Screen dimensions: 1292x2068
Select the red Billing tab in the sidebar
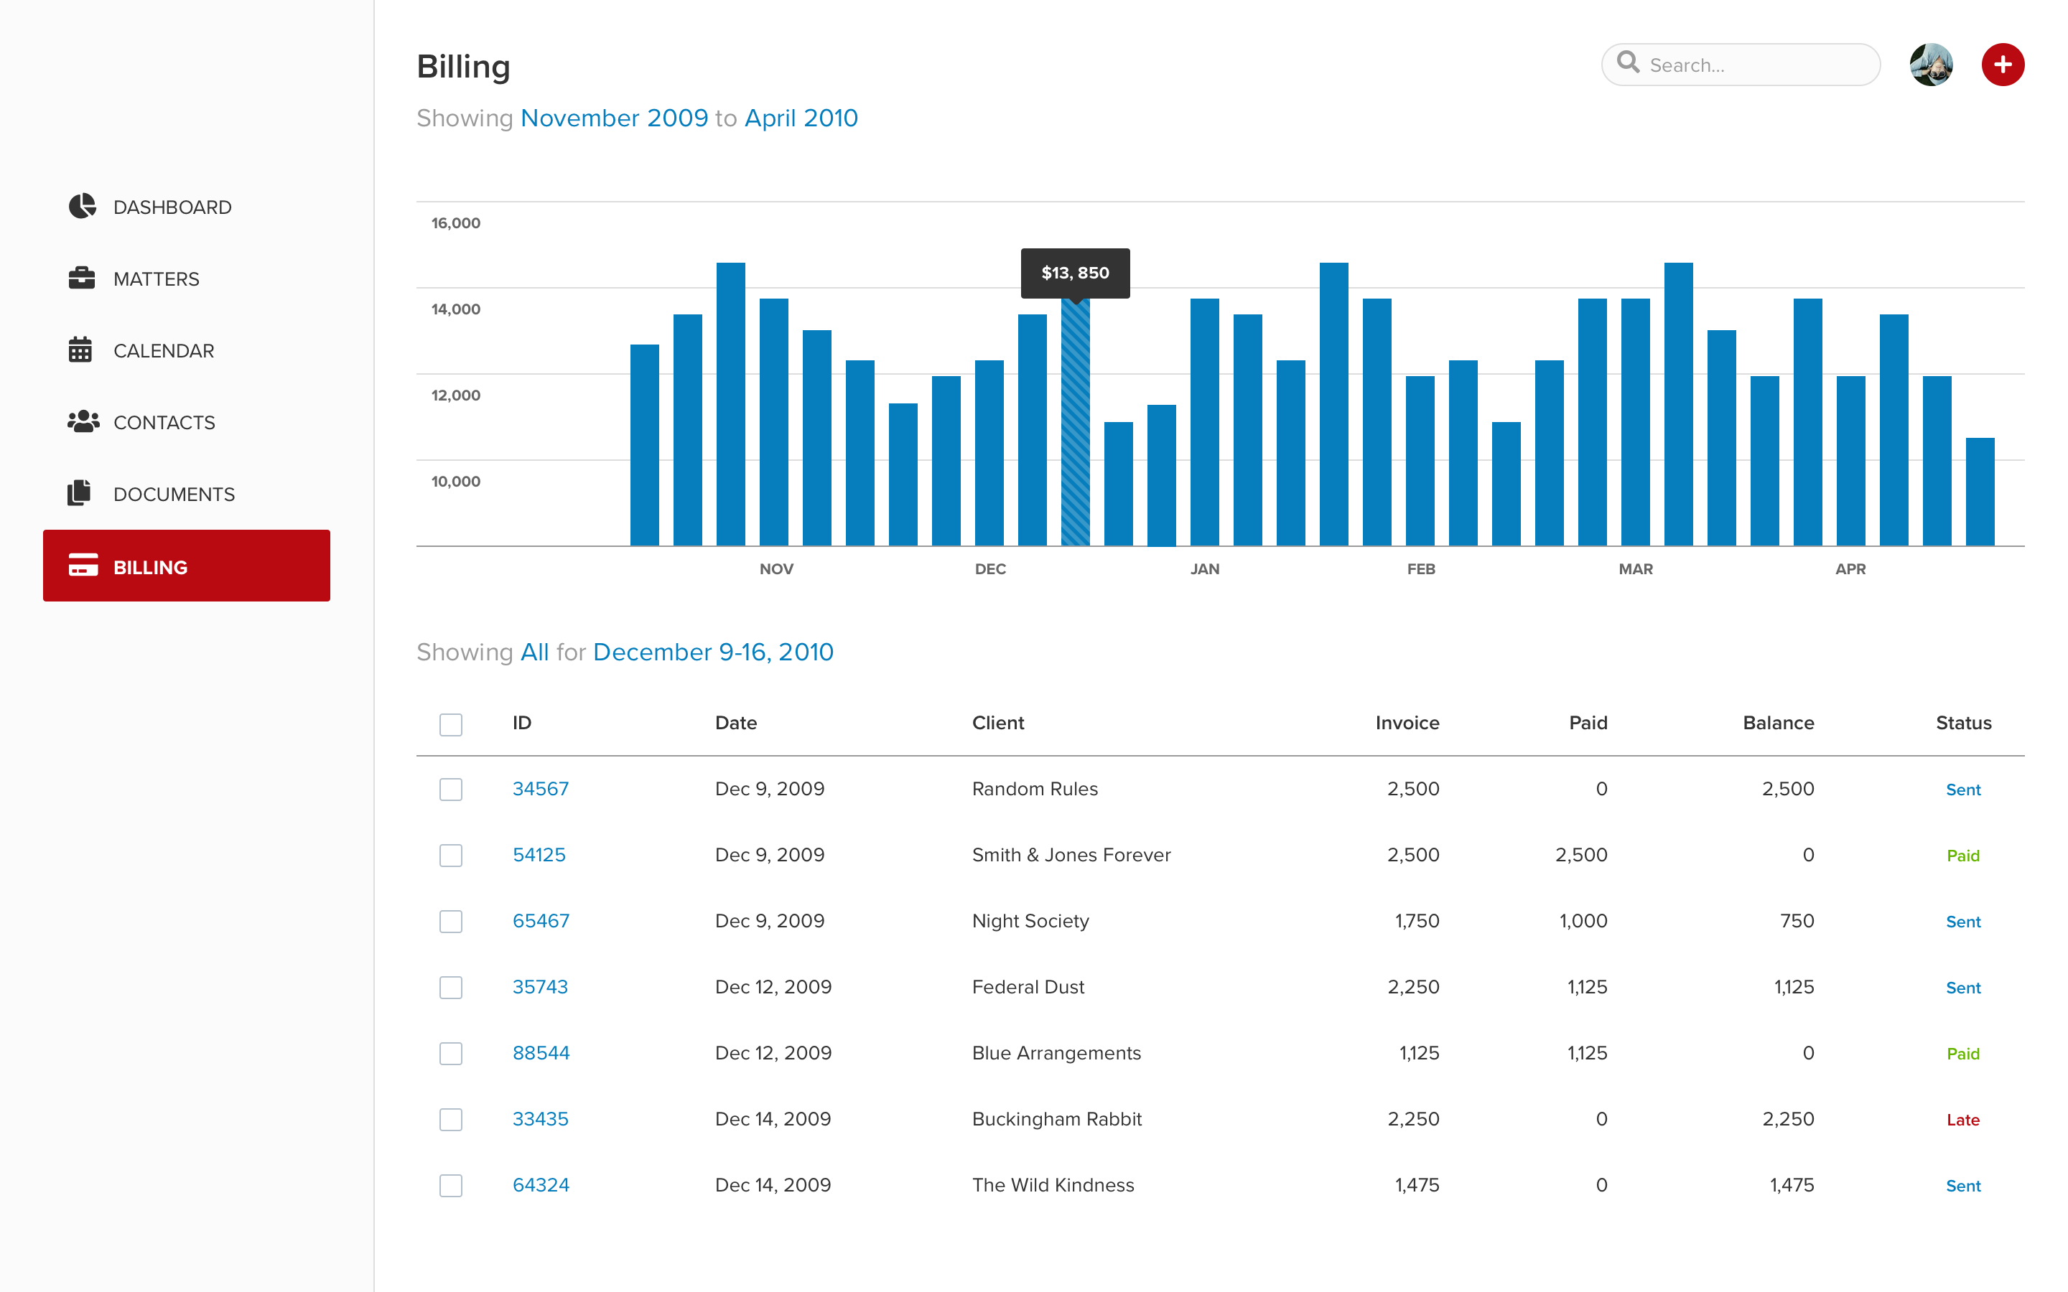coord(186,566)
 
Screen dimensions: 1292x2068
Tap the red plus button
coord(2002,65)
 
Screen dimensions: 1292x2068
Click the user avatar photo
coord(1930,65)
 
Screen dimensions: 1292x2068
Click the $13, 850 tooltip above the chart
coord(1075,273)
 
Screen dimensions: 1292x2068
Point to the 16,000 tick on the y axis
coord(455,223)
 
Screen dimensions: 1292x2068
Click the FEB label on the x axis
coord(1420,569)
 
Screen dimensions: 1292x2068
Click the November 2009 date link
coord(613,118)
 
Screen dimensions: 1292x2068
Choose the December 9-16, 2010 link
coord(713,652)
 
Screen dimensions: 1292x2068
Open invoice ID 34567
coord(540,789)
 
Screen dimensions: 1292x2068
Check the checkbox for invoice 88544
coord(450,1054)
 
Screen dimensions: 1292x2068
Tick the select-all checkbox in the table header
coord(450,725)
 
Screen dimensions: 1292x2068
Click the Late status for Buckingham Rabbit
coord(1962,1120)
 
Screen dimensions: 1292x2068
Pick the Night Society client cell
coord(1030,921)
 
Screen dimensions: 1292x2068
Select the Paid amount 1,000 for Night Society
coord(1583,921)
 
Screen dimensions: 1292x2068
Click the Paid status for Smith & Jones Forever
coord(1962,856)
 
